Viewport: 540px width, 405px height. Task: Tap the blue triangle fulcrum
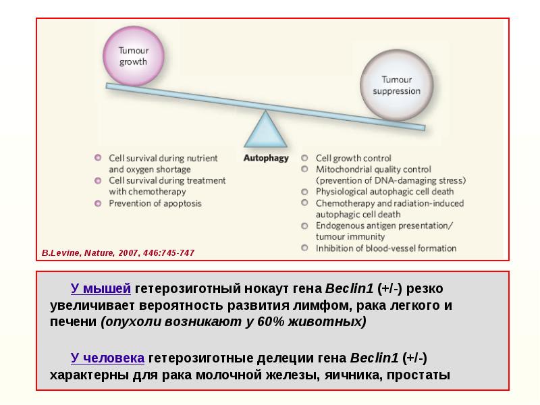[x=265, y=130]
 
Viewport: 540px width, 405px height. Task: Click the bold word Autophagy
[x=265, y=158]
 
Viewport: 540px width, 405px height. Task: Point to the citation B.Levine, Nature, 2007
[x=117, y=252]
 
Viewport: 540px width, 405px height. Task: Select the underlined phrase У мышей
[x=101, y=289]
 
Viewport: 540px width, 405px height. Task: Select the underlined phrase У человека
[x=107, y=358]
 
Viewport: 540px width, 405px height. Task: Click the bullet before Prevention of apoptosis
[x=99, y=203]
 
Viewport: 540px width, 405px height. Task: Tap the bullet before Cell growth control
[x=305, y=158]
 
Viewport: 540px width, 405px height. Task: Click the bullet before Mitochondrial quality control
[x=305, y=169]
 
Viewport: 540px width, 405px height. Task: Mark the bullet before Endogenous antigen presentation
[x=305, y=225]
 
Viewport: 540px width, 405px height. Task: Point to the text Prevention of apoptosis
[x=155, y=203]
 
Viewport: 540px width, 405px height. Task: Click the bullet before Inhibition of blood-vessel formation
[x=305, y=248]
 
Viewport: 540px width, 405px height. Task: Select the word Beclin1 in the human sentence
[x=374, y=358]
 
